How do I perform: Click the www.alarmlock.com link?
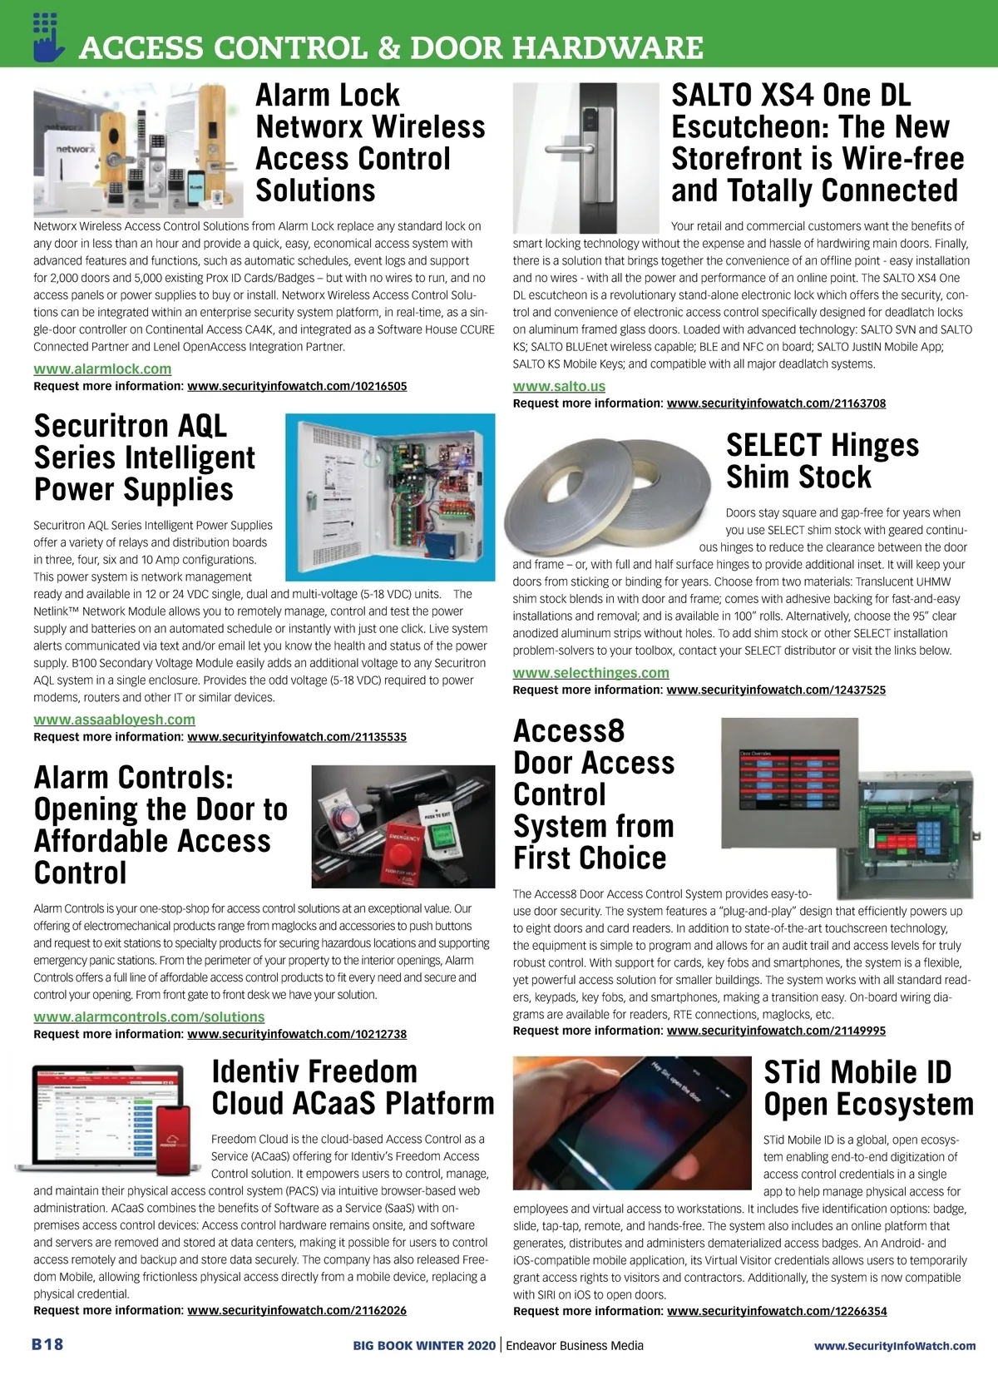102,369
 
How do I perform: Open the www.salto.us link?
559,386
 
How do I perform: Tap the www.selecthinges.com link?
590,672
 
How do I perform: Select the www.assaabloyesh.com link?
114,720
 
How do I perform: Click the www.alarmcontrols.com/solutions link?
149,1016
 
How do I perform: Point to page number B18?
47,1344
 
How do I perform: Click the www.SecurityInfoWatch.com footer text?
894,1345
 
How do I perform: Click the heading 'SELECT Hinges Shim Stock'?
822,461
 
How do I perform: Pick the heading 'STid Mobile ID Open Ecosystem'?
867,1088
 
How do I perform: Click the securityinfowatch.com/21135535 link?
297,737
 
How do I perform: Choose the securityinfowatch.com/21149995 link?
776,1031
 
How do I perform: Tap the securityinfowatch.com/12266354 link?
777,1311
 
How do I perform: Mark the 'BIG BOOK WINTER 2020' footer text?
423,1345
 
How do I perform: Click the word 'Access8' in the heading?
569,731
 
